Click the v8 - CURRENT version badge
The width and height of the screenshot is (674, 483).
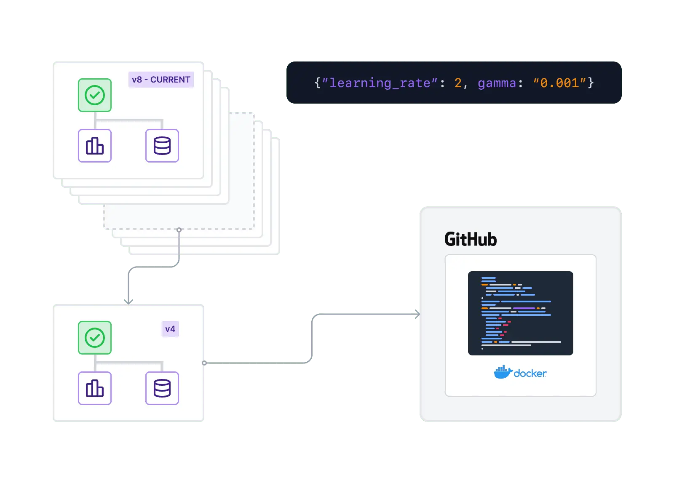161,80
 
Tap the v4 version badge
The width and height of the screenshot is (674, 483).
170,329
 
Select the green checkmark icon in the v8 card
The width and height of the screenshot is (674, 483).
95,95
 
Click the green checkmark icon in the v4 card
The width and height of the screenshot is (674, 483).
95,338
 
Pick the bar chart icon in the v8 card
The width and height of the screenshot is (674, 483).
95,146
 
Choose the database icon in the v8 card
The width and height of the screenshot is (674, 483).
162,146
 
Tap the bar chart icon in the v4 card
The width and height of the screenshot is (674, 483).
95,388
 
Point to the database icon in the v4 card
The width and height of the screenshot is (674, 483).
162,388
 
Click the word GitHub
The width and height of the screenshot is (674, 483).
471,239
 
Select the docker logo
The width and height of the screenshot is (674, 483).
520,373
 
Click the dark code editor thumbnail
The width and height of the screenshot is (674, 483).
520,313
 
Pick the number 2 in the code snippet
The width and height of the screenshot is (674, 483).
458,83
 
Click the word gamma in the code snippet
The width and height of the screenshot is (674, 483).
497,83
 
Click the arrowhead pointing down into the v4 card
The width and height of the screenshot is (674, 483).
128,300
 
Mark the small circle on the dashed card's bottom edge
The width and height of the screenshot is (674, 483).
179,230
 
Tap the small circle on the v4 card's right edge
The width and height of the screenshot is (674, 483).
204,363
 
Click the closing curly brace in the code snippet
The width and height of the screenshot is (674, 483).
591,83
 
